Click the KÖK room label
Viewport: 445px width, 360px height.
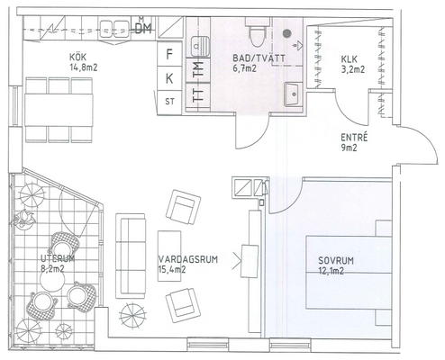[x=77, y=57]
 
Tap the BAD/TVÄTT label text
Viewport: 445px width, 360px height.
[x=259, y=58]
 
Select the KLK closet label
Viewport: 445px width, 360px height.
[x=350, y=59]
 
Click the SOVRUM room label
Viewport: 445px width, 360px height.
[x=336, y=260]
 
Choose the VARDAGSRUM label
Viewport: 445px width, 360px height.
[x=187, y=259]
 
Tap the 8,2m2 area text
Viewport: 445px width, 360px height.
[x=52, y=268]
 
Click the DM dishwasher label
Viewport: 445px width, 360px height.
[x=143, y=29]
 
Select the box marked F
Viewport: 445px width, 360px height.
[x=169, y=54]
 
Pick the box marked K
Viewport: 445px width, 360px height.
[x=169, y=78]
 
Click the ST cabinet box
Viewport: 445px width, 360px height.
[x=169, y=102]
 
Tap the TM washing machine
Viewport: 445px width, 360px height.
[x=198, y=70]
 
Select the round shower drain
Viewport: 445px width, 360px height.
[x=287, y=33]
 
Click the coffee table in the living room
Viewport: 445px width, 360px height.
[x=169, y=256]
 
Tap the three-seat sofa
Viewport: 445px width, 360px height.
[x=131, y=256]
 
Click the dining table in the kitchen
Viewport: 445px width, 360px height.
[x=59, y=110]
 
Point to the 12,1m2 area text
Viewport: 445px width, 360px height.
[x=331, y=271]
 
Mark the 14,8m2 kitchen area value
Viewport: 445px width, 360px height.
[x=84, y=67]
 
